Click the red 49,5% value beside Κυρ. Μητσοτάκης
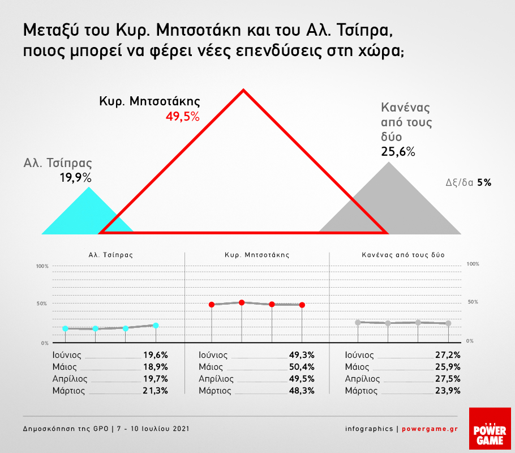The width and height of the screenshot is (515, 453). coord(183,117)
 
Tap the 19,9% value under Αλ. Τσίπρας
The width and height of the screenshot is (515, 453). coord(75,178)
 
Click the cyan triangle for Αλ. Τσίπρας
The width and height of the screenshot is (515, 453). coord(82,215)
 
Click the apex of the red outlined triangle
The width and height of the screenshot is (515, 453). coord(243,91)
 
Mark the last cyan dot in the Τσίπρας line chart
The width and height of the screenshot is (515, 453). coord(156,325)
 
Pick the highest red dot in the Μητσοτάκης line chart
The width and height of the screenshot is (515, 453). coord(242,302)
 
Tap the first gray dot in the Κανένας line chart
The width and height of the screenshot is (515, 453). coord(358,322)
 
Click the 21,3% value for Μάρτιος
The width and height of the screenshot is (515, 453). coord(156,390)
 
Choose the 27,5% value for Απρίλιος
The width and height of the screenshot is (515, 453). coord(447,379)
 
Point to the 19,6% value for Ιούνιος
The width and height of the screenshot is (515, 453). coord(156,355)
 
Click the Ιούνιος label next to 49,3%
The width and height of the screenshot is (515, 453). coord(213,355)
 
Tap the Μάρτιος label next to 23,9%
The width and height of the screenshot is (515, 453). coord(361,390)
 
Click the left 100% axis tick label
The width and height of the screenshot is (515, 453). coord(43,266)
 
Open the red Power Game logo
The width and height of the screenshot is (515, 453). coord(490,429)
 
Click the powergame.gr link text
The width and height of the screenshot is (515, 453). coord(430,429)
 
